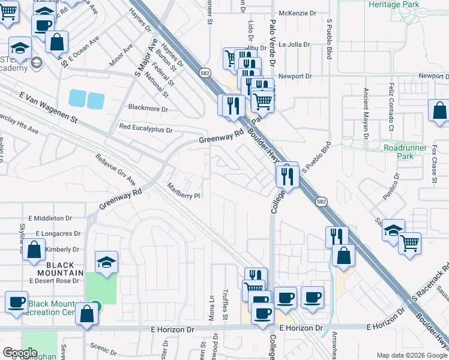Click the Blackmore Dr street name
[148, 109]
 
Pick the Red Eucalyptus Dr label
[146, 128]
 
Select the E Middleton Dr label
[50, 219]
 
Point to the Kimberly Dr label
[62, 249]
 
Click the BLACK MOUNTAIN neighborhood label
[60, 269]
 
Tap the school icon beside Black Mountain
[106, 262]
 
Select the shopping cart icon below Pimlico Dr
[409, 242]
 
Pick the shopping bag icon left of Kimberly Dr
[35, 250]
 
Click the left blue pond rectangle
[77, 99]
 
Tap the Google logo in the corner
[19, 353]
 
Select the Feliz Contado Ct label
[391, 107]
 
